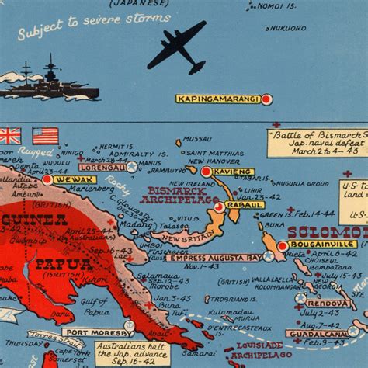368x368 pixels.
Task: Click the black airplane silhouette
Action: pos(177,46)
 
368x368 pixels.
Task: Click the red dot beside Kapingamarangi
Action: pos(266,99)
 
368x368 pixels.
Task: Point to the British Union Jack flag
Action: pos(9,136)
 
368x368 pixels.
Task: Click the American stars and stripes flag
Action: pos(45,136)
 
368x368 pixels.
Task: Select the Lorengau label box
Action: pos(101,166)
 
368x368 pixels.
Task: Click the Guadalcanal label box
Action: pos(316,334)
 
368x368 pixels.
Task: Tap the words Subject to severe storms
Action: pos(75,32)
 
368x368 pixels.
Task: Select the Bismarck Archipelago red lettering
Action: pos(172,196)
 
